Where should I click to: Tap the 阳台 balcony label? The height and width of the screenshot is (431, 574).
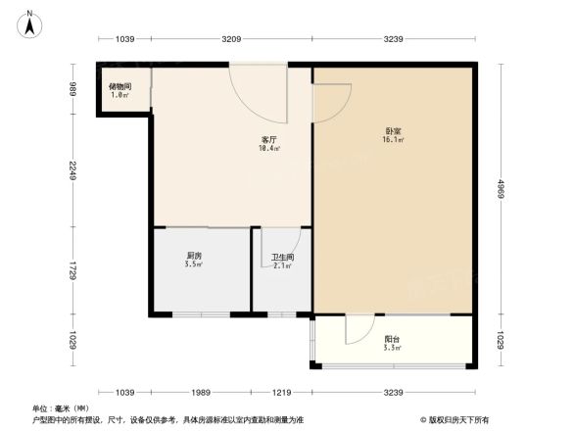391,339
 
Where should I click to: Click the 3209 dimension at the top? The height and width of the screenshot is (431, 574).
231,38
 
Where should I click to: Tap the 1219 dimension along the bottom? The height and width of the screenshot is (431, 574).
282,393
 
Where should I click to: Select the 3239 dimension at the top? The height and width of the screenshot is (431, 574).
394,38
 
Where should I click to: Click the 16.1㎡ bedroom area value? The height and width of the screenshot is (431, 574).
394,140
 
